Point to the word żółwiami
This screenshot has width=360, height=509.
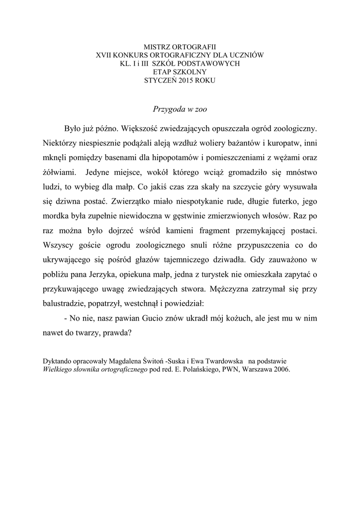pos(60,173)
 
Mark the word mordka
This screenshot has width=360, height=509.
pos(58,217)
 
